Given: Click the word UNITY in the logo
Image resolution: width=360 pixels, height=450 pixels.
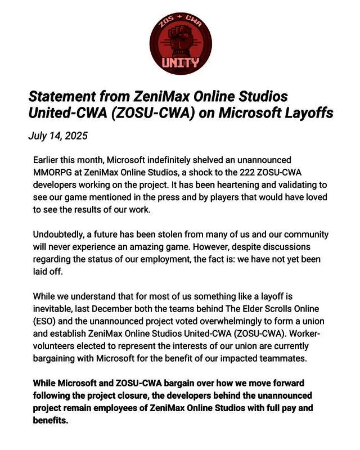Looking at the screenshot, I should [180, 62].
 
